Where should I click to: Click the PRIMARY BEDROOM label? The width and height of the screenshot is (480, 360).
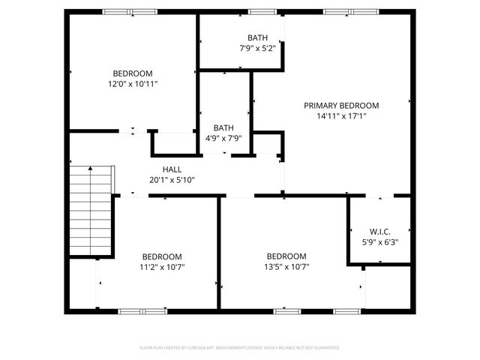click(341, 106)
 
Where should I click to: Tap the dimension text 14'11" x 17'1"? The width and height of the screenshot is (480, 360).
click(341, 116)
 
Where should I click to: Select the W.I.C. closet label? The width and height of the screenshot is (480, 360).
click(379, 231)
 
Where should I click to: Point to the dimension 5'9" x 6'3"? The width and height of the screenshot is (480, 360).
click(379, 242)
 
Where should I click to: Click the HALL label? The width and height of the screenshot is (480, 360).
click(172, 169)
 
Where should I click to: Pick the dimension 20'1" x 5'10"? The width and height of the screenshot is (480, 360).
click(172, 180)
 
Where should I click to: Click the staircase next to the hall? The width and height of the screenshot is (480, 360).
click(91, 211)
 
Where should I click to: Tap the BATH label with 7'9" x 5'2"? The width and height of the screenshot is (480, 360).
click(257, 37)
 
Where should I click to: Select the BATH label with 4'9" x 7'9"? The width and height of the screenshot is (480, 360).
click(223, 127)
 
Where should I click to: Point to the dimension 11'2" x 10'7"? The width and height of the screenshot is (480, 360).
click(162, 266)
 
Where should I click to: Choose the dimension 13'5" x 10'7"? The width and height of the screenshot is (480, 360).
click(286, 266)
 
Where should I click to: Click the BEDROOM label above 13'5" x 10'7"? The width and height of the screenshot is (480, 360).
click(286, 256)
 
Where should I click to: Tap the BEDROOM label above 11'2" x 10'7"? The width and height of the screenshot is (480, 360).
click(162, 256)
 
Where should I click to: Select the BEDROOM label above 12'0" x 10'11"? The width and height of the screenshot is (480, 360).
click(132, 73)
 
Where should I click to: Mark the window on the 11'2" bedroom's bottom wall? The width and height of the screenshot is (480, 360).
click(143, 310)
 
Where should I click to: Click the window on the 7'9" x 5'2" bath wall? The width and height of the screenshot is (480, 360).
click(262, 12)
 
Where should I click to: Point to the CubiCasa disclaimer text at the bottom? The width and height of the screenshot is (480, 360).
click(240, 348)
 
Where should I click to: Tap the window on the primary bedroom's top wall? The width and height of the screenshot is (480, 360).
click(351, 12)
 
